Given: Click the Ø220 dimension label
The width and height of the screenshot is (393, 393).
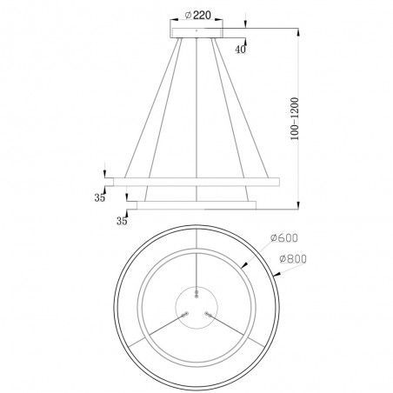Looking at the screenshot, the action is [x=198, y=15].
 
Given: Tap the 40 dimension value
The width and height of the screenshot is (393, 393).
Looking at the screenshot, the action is [x=240, y=50].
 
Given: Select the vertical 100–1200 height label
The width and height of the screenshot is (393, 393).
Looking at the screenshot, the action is [x=295, y=119].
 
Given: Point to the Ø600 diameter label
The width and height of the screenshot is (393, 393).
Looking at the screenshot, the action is [x=284, y=238].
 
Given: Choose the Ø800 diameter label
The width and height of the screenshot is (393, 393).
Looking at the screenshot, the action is [x=293, y=258].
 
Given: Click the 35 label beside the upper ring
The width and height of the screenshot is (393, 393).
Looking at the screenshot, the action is [x=99, y=197].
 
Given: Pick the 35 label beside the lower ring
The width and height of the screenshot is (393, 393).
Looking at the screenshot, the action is [x=122, y=221].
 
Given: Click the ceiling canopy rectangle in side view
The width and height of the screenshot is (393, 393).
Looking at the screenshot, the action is [x=196, y=33].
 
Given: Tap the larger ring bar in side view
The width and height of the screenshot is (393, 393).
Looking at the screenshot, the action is [x=196, y=182].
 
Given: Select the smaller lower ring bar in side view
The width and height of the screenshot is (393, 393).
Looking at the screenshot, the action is [x=196, y=205].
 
